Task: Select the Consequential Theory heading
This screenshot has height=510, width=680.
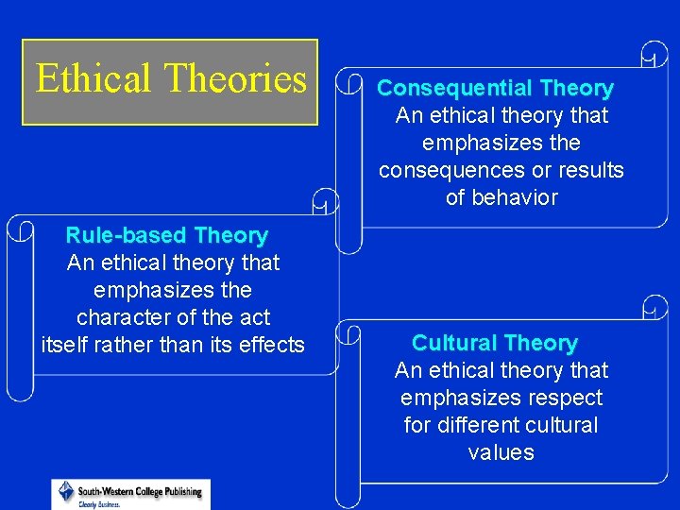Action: pos(495,89)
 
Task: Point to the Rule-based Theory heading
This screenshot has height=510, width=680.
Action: pos(166,235)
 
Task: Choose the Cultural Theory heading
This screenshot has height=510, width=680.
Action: pos(494,343)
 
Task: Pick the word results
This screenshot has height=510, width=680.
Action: pos(591,171)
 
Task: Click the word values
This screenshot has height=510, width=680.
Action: pos(501,452)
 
